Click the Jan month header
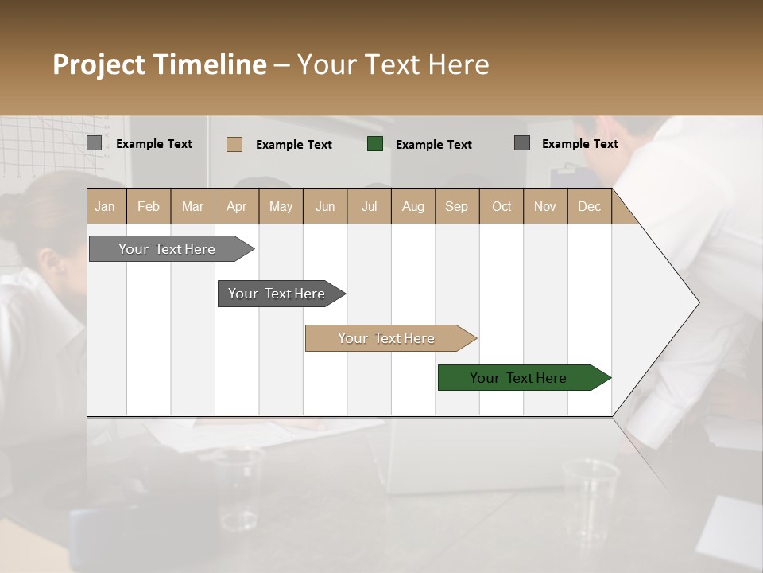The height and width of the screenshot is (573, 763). pos(105,207)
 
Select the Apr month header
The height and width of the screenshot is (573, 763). pos(236,207)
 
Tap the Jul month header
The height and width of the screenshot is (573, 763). pos(369,207)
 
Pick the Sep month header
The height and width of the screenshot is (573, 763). pos(456,207)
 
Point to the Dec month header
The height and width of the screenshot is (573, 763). pos(589,207)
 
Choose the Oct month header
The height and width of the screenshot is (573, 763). pos(501,207)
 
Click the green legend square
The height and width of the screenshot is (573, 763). pos(375,144)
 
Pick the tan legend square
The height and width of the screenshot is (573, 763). pos(234,144)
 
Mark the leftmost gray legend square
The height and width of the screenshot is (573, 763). pos(94,143)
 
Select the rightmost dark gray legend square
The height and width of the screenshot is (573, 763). pos(522,143)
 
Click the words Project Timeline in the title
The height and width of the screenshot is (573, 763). pos(159,64)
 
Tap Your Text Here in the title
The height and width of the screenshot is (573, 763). pos(393,64)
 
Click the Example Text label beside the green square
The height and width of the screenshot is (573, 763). pos(433,145)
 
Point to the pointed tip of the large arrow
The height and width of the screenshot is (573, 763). pos(697,302)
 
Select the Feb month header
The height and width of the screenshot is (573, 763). pos(149,207)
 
